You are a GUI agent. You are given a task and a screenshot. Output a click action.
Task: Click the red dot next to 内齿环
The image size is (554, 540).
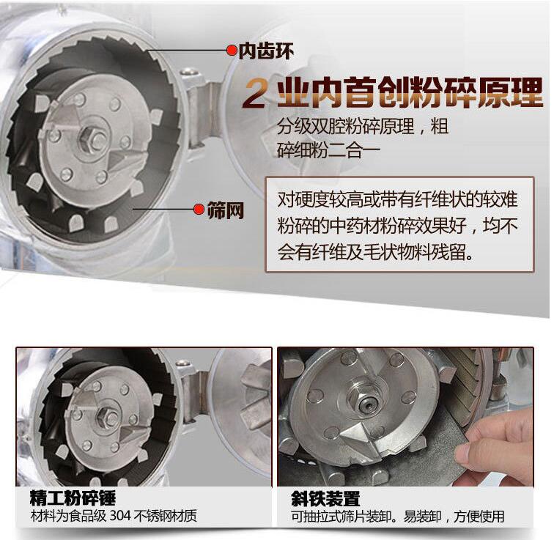232,51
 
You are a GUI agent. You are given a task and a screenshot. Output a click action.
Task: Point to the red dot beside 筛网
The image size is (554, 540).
198,211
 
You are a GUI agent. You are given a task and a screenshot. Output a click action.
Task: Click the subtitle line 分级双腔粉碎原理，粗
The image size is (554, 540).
363,126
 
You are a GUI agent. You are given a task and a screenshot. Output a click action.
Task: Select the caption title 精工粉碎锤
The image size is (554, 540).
73,500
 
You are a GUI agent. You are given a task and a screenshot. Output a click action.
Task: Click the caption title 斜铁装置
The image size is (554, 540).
325,500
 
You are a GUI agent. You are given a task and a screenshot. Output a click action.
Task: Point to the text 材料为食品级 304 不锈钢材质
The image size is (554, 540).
114,517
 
